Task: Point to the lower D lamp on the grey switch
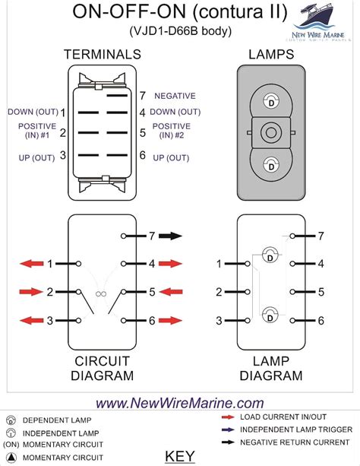point(270,164)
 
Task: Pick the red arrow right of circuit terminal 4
point(170,264)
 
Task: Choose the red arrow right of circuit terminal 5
point(170,292)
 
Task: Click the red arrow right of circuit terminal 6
point(170,321)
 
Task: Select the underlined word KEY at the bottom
point(179,456)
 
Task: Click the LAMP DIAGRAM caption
point(270,368)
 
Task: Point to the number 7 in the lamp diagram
point(321,236)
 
